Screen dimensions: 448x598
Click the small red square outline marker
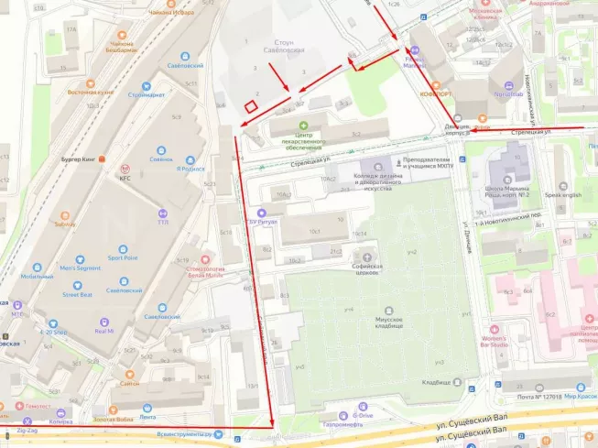[x=249, y=105]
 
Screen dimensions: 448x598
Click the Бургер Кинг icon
[x=103, y=157]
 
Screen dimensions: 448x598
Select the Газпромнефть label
[x=331, y=424]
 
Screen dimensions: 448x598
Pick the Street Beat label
[x=77, y=295]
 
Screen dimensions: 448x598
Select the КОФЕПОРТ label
[x=437, y=92]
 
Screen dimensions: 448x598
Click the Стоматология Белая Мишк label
[x=199, y=272]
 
